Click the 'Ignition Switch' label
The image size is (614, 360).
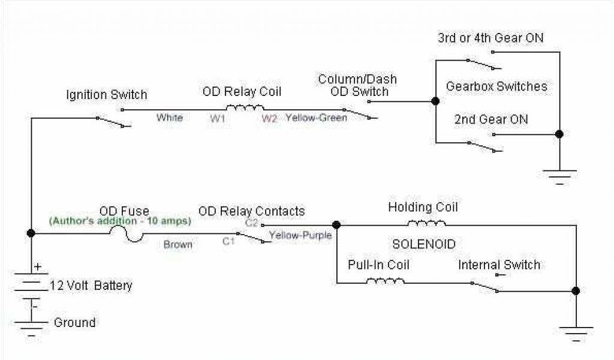pyautogui.click(x=106, y=95)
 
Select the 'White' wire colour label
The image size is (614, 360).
pyautogui.click(x=169, y=118)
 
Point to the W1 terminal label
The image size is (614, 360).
pyautogui.click(x=217, y=119)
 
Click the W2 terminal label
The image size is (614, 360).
pyautogui.click(x=269, y=119)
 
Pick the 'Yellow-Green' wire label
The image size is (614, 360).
pyautogui.click(x=316, y=118)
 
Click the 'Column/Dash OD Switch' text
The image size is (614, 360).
pyautogui.click(x=357, y=85)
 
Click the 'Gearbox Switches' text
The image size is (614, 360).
pyautogui.click(x=496, y=86)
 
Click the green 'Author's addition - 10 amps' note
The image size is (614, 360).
pyautogui.click(x=120, y=221)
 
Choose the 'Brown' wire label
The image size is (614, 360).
pyautogui.click(x=178, y=244)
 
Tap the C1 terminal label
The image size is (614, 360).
pyautogui.click(x=228, y=241)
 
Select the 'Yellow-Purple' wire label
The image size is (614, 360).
pyautogui.click(x=300, y=235)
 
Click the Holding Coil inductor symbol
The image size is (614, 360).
pyautogui.click(x=426, y=224)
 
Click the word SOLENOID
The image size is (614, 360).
pyautogui.click(x=424, y=245)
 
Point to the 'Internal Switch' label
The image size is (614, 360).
pyautogui.click(x=499, y=265)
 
